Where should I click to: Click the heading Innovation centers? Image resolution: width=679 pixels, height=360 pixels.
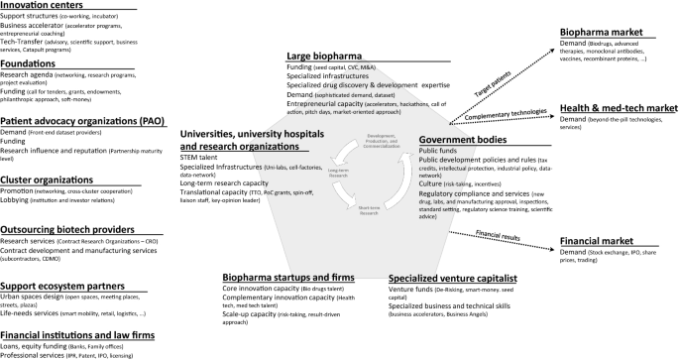click(x=41, y=6)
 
